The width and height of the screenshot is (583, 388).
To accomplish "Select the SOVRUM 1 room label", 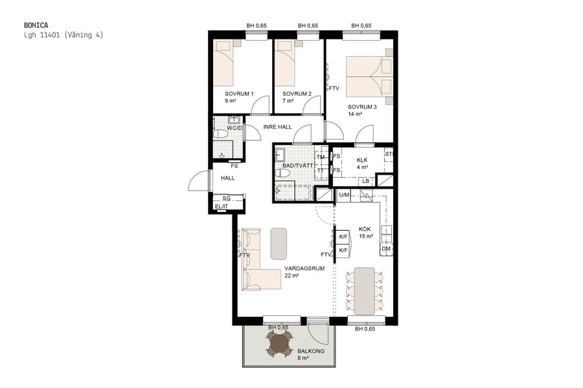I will (x=239, y=94).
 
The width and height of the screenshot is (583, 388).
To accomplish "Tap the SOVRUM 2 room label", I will (x=297, y=94).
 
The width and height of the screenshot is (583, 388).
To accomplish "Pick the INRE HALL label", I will (x=277, y=127).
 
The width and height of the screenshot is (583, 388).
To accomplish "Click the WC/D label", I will (x=234, y=128).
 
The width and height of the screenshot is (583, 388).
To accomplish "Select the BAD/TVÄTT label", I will (x=298, y=166).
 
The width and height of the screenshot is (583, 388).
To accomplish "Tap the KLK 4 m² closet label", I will (x=362, y=163).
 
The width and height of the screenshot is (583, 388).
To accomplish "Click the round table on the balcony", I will (x=280, y=344).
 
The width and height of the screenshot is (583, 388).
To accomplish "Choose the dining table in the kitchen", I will (x=365, y=290).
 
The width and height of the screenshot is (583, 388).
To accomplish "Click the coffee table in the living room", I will (x=279, y=244).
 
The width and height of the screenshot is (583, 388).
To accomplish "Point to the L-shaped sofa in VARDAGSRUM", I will (x=256, y=272).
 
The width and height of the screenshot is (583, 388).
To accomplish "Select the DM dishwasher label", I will (x=386, y=249).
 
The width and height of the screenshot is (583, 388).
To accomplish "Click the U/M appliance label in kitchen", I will (x=344, y=195).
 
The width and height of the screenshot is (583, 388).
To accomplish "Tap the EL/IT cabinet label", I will (x=221, y=206).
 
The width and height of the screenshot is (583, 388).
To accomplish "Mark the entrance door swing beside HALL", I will (x=200, y=181).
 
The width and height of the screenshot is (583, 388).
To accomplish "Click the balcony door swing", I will (x=318, y=333).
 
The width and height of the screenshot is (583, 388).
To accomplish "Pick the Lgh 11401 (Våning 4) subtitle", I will (x=63, y=35).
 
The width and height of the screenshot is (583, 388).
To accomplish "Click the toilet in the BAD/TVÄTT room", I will (x=283, y=173).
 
